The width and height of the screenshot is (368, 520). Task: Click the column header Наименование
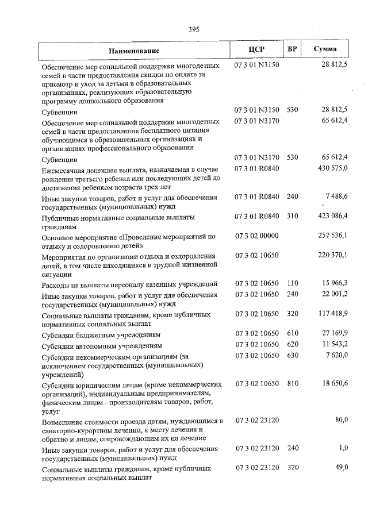click(x=134, y=51)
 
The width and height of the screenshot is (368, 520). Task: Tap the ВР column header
click(x=292, y=50)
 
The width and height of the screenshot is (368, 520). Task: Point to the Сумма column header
click(x=325, y=50)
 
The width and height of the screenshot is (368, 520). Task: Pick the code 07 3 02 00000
click(x=256, y=236)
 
